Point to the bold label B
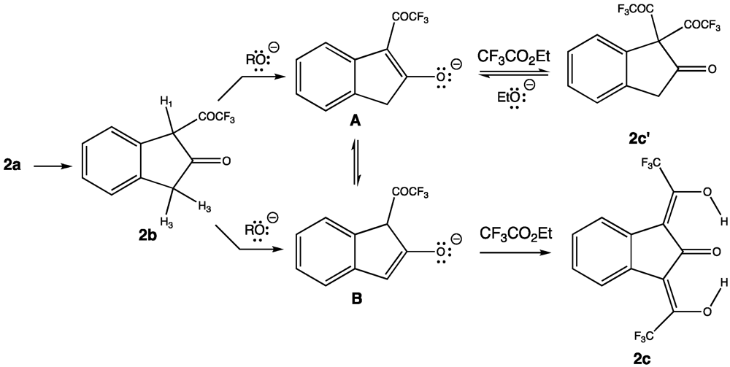coord(356,298)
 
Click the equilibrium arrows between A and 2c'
coord(510,77)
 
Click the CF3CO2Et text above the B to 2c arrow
coord(511,234)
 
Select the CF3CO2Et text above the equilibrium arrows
coord(510,56)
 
